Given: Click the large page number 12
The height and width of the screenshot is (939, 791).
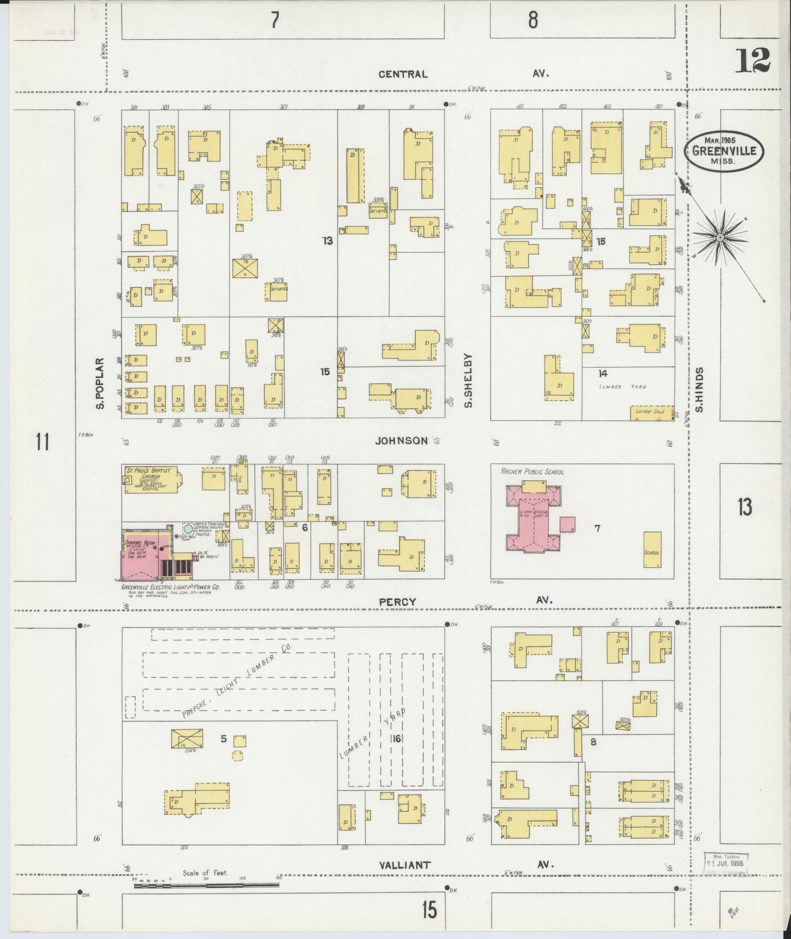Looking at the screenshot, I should [752, 61].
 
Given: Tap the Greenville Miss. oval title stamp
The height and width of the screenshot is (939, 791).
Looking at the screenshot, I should [724, 151].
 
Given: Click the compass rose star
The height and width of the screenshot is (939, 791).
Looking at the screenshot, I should [720, 238].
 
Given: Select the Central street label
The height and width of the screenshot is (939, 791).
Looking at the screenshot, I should [403, 75].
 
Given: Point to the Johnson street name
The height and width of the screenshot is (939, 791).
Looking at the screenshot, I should [401, 441].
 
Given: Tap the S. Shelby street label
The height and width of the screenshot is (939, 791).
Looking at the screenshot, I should [468, 380].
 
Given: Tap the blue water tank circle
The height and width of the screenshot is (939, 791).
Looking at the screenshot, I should [188, 529].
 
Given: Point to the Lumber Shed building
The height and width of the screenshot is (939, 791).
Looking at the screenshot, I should [651, 413].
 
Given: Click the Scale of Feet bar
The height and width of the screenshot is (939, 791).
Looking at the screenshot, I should [206, 885].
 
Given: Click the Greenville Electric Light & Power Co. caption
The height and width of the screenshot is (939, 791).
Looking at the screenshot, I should [170, 587].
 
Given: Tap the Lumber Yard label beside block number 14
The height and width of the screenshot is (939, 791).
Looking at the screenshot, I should [622, 387].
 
